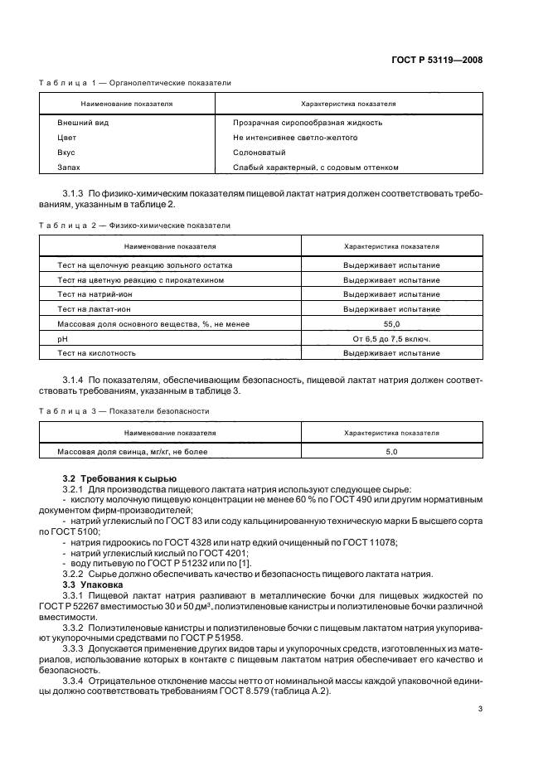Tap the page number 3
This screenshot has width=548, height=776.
pos(480,710)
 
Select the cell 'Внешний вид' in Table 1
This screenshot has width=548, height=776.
pos(78,123)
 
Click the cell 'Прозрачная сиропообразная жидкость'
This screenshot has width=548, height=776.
pos(296,123)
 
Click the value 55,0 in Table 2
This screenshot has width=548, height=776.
pos(391,324)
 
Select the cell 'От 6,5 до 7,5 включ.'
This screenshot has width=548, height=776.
pos(391,339)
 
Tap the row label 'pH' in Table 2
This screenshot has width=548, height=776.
pos(61,339)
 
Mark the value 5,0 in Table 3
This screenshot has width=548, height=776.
pos(391,452)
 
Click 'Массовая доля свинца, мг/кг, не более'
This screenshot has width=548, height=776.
pos(132,452)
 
